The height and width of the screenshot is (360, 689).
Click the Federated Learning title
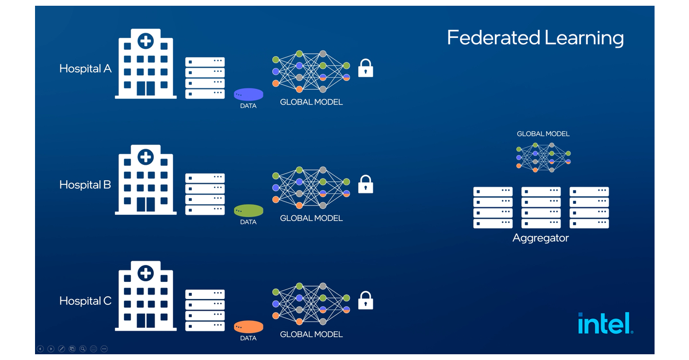coord(535,38)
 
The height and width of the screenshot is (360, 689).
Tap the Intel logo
coord(605,323)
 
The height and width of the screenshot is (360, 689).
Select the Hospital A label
coord(85,69)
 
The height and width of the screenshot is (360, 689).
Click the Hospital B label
coord(85,185)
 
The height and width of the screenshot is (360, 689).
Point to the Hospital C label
coord(85,301)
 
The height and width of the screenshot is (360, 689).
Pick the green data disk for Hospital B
coord(249,211)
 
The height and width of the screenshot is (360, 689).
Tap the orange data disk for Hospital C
coord(249,327)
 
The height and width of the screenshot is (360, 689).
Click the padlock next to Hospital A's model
coord(366,68)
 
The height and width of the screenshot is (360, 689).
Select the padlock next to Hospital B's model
coord(366,184)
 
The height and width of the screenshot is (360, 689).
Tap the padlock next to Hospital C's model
coord(366,300)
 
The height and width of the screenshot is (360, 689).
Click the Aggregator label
coord(540,238)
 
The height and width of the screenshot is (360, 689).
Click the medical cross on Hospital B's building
coord(146,157)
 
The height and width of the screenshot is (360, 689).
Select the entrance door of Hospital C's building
coord(146,320)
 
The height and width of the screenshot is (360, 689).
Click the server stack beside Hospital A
coord(205,78)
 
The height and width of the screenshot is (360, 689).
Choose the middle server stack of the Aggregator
coord(541,207)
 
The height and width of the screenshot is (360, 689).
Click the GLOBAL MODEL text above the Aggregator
coord(543,134)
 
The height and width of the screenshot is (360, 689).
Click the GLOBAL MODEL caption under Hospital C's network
coord(311,334)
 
